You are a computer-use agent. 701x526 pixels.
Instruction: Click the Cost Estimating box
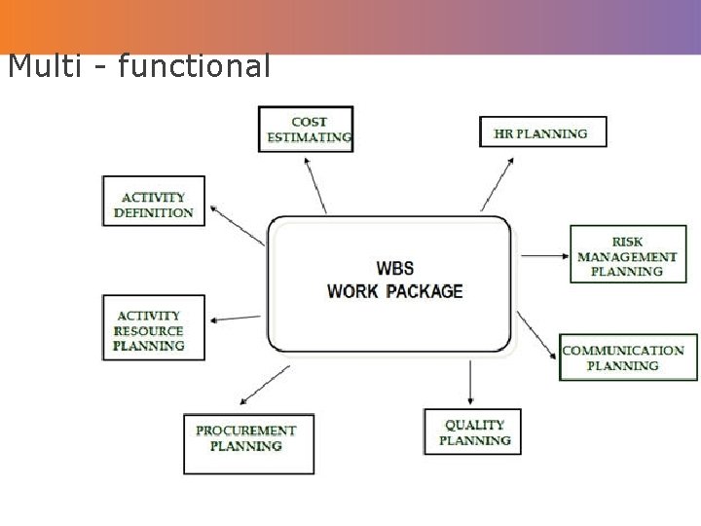(307, 130)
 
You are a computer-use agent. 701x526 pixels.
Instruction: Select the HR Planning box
(542, 132)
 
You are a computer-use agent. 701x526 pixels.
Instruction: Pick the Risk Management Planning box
(627, 255)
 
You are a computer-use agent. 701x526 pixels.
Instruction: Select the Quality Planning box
(473, 432)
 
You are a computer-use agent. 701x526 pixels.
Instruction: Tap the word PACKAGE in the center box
(424, 291)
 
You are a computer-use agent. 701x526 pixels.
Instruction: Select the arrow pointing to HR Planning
(498, 182)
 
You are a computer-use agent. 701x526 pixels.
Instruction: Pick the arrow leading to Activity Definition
(237, 223)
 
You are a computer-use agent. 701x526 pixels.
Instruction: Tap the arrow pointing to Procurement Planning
(264, 385)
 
